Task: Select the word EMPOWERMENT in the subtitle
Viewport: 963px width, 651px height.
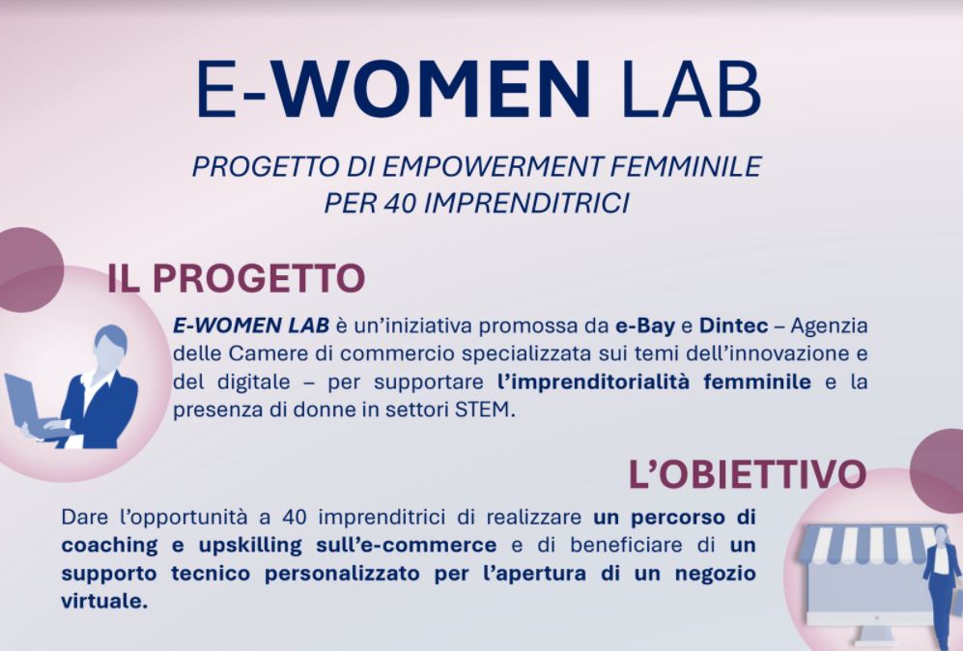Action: click(x=496, y=166)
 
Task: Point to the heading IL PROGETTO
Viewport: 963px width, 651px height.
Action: click(x=236, y=278)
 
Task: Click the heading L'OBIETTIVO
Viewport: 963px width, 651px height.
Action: click(x=747, y=474)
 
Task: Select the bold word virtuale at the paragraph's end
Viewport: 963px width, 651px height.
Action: click(x=105, y=600)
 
